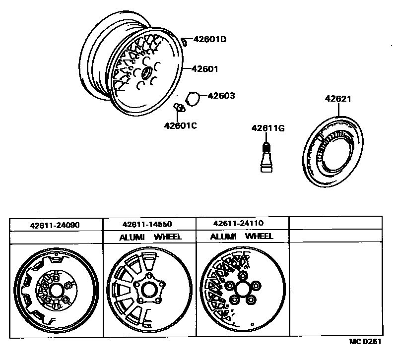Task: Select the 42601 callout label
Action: pos(202,69)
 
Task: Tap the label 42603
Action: pos(221,96)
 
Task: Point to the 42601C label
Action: pos(181,125)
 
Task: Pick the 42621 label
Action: pos(338,99)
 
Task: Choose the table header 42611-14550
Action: pos(147,224)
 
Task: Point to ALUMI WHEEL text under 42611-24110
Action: pos(242,237)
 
